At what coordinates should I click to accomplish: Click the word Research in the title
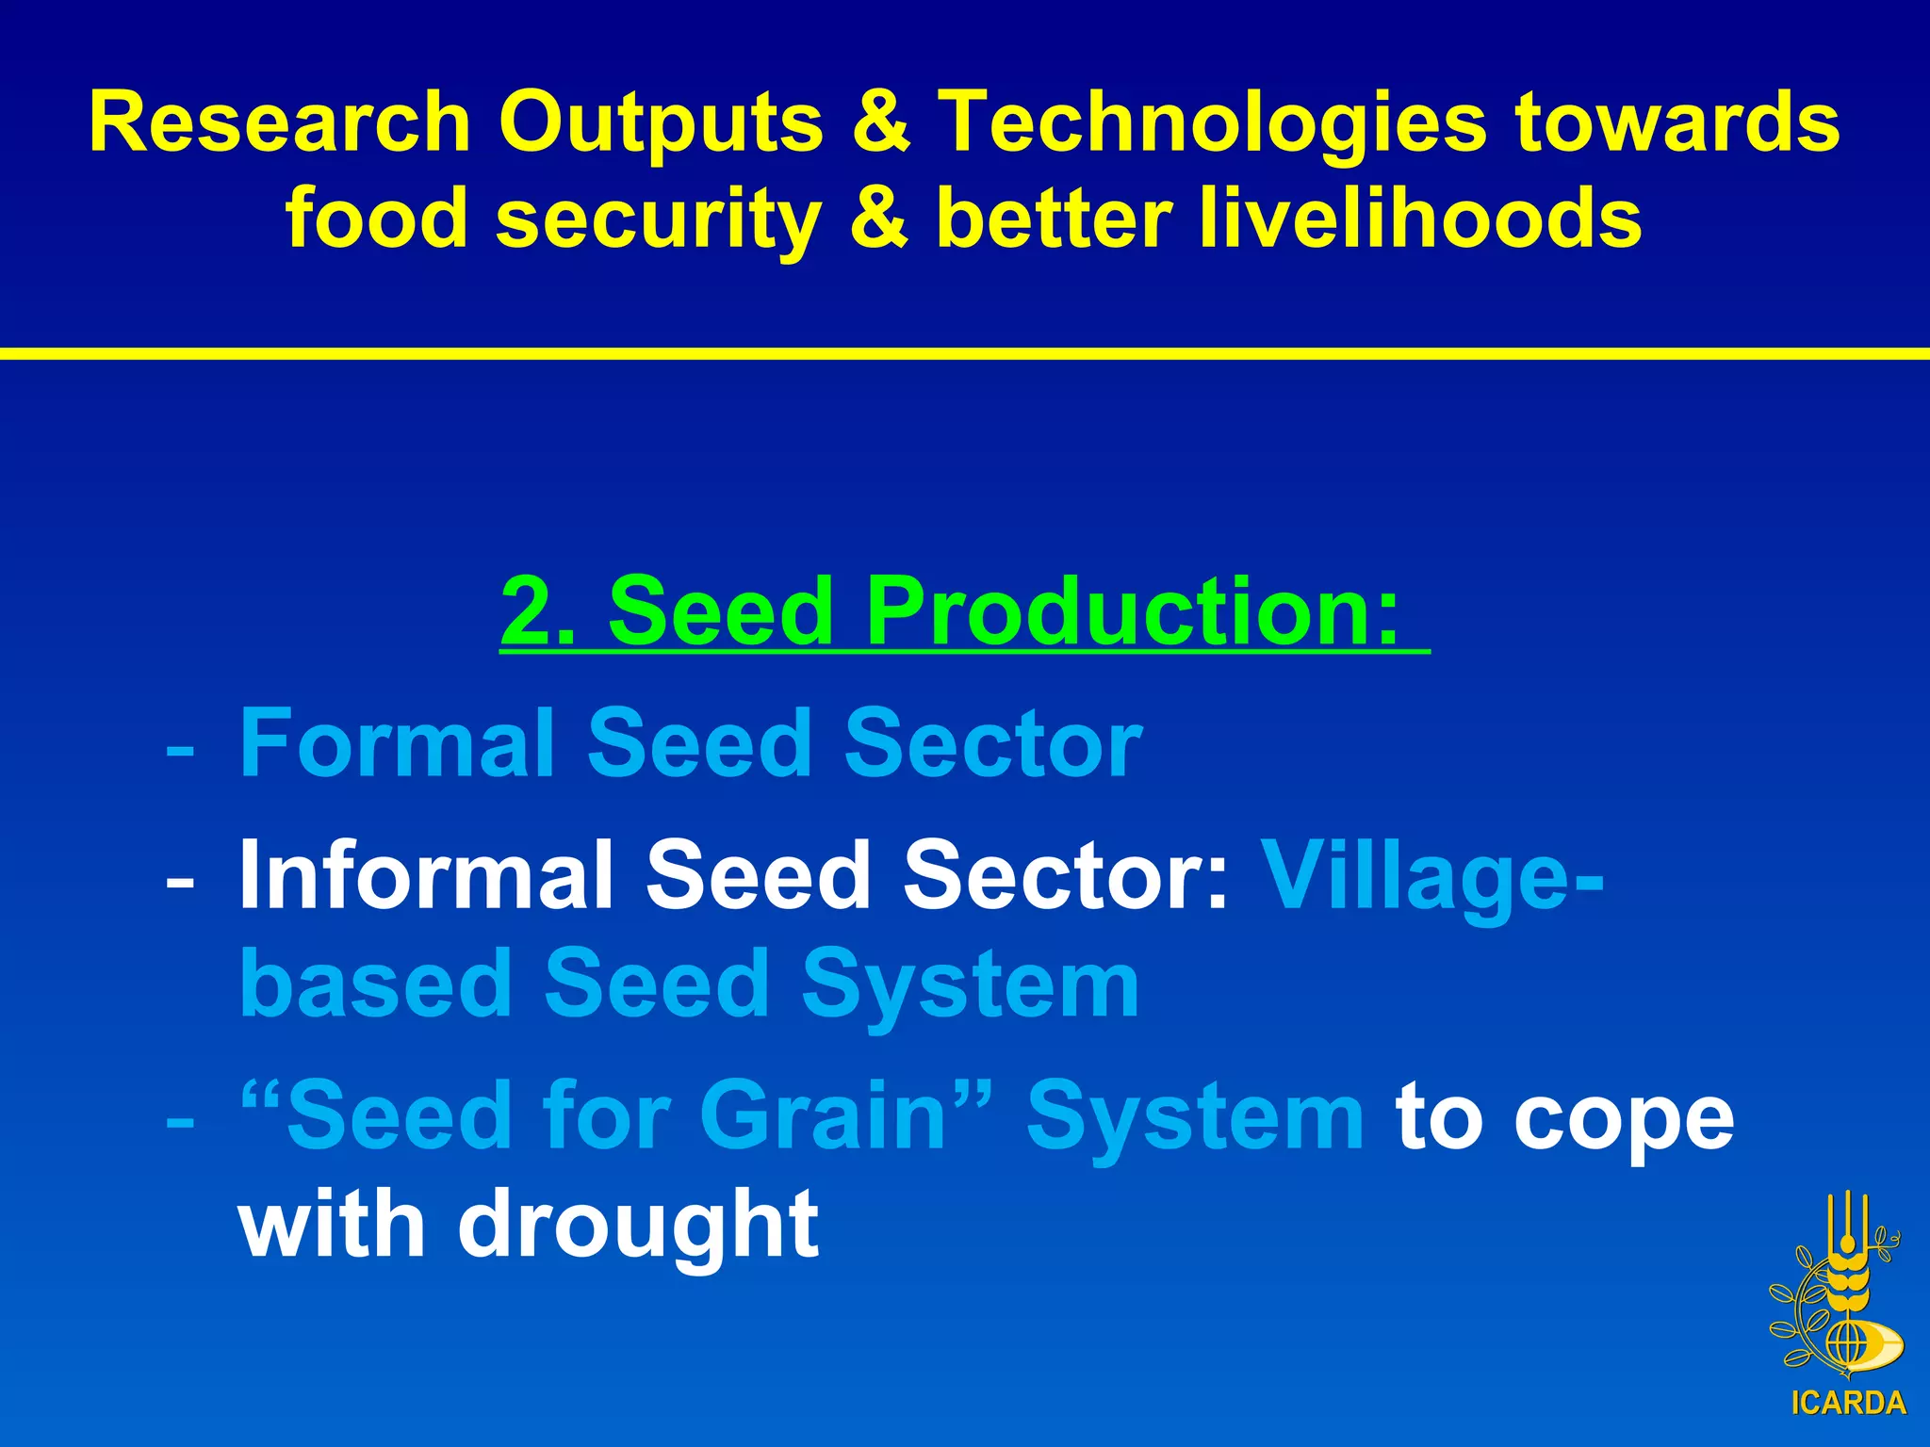[x=280, y=123]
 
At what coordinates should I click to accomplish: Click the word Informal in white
[x=426, y=876]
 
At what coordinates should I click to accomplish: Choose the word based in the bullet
[x=375, y=984]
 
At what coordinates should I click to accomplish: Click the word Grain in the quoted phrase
[x=822, y=1116]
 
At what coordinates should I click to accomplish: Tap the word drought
[x=639, y=1225]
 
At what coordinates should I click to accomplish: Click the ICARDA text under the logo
[x=1847, y=1403]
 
